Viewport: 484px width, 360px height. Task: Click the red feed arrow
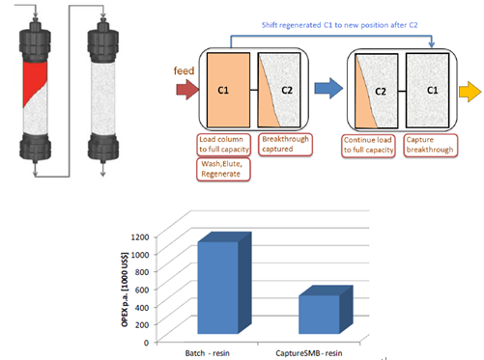pyautogui.click(x=187, y=89)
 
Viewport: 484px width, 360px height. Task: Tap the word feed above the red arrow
pyautogui.click(x=184, y=70)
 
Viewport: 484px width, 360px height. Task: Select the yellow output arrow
pyautogui.click(x=470, y=92)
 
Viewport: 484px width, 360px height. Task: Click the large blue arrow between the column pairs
pyautogui.click(x=328, y=88)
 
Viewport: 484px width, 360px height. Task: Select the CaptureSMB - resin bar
pyautogui.click(x=326, y=310)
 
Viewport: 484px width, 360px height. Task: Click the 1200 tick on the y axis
pyautogui.click(x=140, y=237)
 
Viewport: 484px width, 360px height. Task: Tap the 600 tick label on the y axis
pyautogui.click(x=142, y=290)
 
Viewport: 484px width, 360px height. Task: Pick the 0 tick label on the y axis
pyautogui.click(x=146, y=343)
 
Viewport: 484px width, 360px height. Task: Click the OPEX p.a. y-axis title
pyautogui.click(x=125, y=290)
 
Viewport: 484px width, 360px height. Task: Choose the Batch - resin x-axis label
pyautogui.click(x=208, y=353)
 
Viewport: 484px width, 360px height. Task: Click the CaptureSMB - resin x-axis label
pyautogui.click(x=308, y=353)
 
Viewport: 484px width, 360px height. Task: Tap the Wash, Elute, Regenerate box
pyautogui.click(x=223, y=169)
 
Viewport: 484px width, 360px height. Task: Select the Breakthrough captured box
pyautogui.click(x=285, y=145)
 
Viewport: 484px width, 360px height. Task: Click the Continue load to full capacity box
pyautogui.click(x=368, y=146)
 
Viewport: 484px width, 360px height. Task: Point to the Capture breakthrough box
pyautogui.click(x=431, y=146)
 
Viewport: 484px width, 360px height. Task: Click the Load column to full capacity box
pyautogui.click(x=223, y=145)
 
